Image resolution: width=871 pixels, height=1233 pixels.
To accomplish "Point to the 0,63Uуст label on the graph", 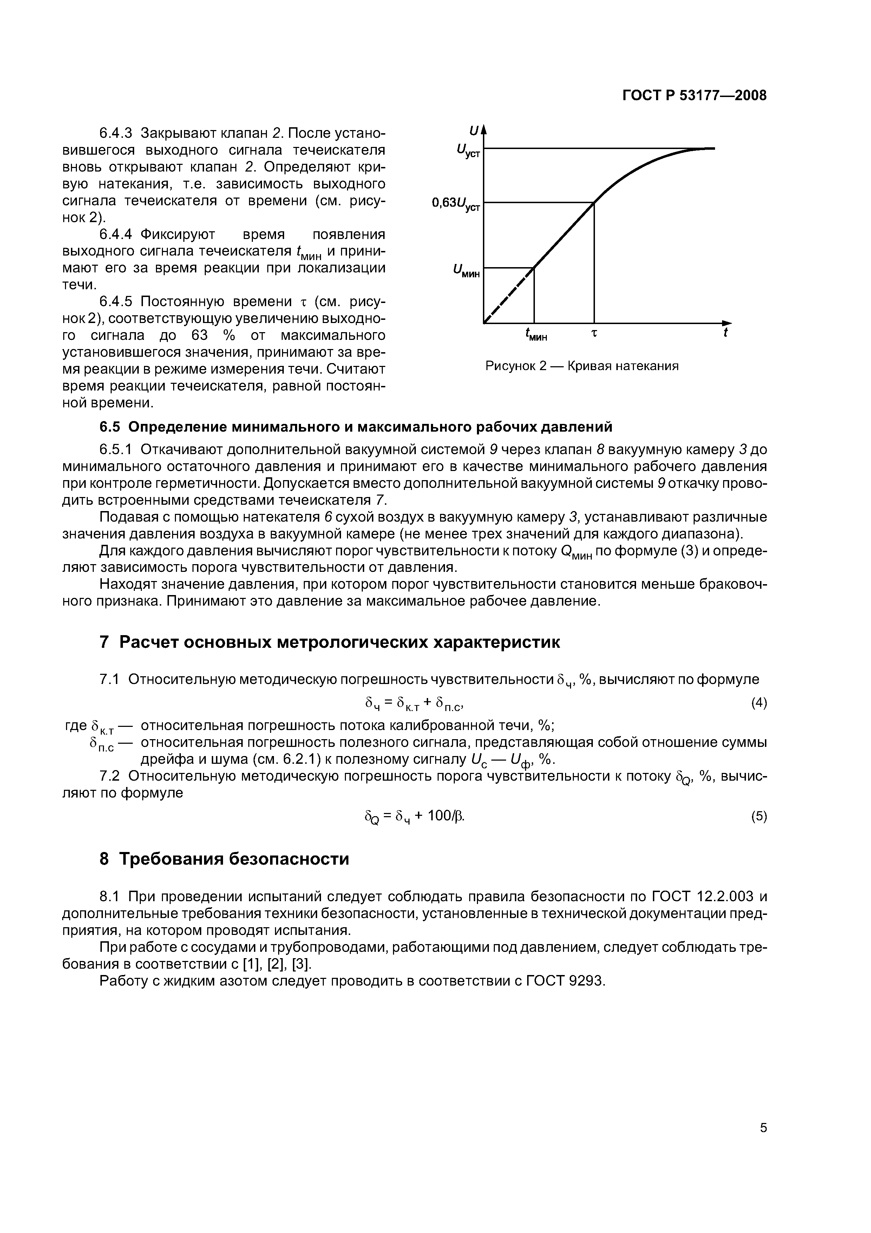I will [456, 204].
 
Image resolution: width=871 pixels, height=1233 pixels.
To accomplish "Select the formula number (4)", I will [758, 703].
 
